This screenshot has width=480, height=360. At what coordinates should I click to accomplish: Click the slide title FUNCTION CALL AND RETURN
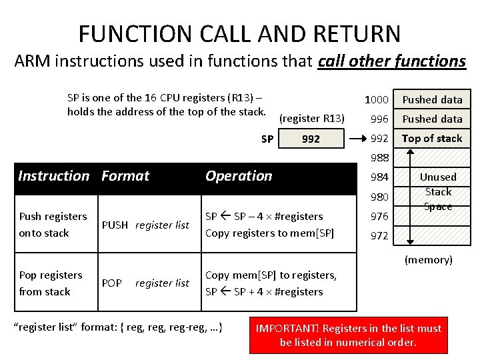(x=239, y=33)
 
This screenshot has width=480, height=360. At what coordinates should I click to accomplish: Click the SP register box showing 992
(x=311, y=139)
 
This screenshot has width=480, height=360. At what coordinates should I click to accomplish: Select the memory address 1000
(x=376, y=99)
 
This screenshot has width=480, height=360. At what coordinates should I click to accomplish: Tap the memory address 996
(x=379, y=119)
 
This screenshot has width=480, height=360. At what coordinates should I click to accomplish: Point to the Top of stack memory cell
(x=432, y=138)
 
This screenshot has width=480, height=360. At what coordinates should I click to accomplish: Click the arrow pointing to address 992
(x=357, y=139)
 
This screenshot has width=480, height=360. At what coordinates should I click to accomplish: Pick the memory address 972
(x=379, y=235)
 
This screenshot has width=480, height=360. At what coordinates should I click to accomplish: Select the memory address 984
(x=379, y=177)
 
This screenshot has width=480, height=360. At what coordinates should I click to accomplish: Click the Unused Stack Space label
(x=438, y=191)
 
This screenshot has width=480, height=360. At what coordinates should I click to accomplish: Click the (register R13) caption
(x=311, y=119)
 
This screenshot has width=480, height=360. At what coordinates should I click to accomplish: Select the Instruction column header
(x=53, y=176)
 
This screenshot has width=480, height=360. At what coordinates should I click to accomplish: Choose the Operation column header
(x=239, y=176)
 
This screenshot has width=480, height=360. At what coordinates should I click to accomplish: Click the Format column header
(x=125, y=176)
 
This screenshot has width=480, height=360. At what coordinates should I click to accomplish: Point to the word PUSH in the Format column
(x=115, y=225)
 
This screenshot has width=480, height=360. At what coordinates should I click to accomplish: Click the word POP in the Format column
(x=112, y=283)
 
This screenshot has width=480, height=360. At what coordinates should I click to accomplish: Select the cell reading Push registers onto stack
(x=53, y=225)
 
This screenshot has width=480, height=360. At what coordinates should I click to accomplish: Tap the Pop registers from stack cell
(x=51, y=283)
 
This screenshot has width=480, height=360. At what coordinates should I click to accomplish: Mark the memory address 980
(x=379, y=197)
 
